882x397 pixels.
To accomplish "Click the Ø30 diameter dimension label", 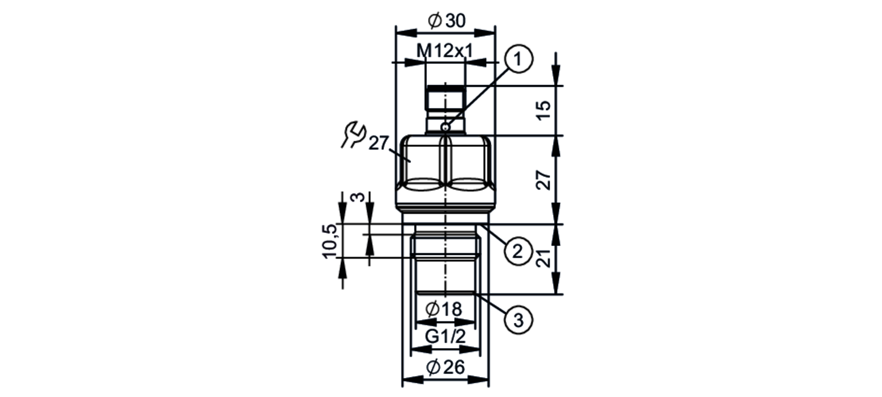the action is point(446,20).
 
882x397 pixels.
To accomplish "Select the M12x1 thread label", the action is point(445,51).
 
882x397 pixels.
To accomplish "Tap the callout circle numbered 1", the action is point(519,59).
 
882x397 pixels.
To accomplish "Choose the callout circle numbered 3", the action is point(519,320).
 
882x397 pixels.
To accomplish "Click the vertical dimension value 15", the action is point(544,110).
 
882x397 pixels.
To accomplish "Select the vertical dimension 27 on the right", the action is point(544,179).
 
